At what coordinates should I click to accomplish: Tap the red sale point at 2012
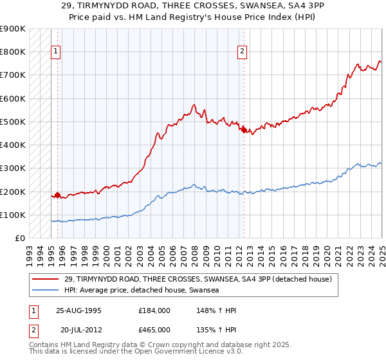pyautogui.click(x=244, y=130)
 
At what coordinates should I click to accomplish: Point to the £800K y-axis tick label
pyautogui.click(x=13, y=51)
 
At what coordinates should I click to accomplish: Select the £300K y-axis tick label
pyautogui.click(x=13, y=168)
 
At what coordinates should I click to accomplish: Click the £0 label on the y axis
pyautogui.click(x=21, y=239)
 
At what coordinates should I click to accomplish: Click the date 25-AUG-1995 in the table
pyautogui.click(x=77, y=310)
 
